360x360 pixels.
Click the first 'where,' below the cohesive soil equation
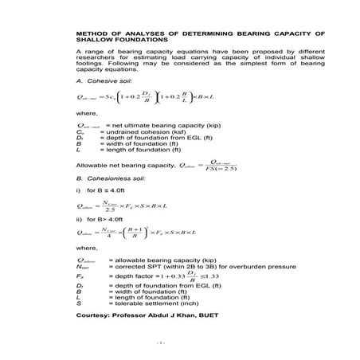85,114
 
